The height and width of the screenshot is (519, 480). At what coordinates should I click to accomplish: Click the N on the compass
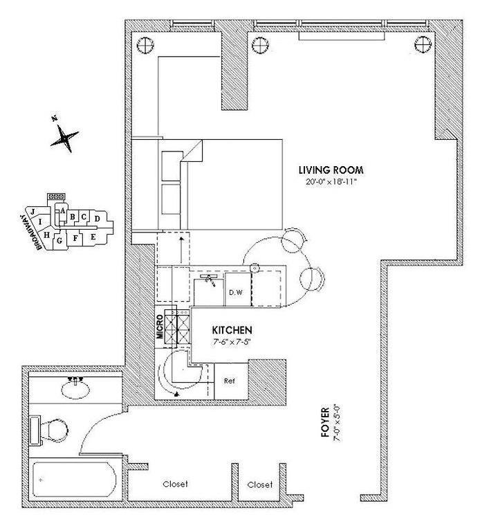pos(55,119)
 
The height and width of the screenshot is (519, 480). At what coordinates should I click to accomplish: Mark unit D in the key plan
pos(98,219)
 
